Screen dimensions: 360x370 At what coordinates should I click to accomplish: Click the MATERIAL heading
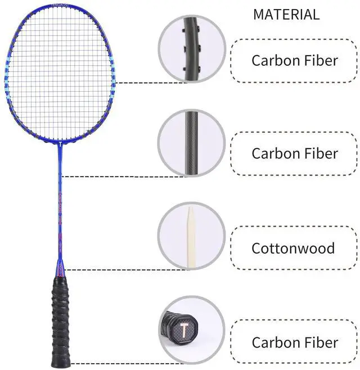pos(286,15)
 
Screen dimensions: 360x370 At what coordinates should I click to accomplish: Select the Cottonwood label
pos(293,248)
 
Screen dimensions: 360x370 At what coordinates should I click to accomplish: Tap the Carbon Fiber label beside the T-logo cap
pos(295,342)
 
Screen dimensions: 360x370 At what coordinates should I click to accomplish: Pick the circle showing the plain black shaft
pos(191,143)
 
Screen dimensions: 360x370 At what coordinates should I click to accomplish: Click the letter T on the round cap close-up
pos(184,328)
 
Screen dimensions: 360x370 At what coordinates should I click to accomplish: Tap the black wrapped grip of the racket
pos(62,321)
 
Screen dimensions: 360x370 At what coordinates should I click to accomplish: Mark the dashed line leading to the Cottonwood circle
pos(112,269)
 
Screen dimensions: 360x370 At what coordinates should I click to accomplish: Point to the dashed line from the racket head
pos(138,83)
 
